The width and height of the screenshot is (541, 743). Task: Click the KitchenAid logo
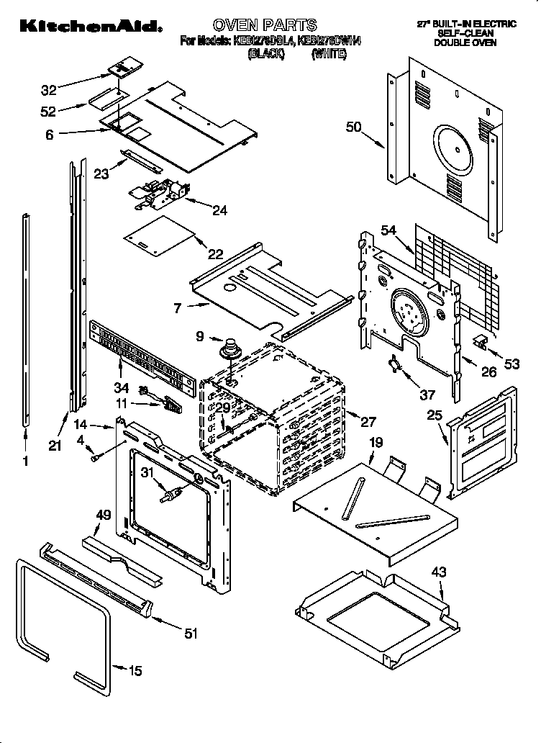pyautogui.click(x=89, y=27)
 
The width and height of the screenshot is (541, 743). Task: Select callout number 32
pyautogui.click(x=49, y=91)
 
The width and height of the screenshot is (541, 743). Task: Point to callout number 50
pyautogui.click(x=353, y=127)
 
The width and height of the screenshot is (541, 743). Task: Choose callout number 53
pyautogui.click(x=512, y=364)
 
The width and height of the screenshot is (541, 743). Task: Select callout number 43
pyautogui.click(x=440, y=572)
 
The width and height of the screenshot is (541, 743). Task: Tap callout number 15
pyautogui.click(x=136, y=671)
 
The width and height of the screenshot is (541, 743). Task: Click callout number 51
pyautogui.click(x=191, y=634)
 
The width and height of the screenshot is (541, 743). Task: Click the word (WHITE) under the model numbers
pyautogui.click(x=330, y=54)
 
